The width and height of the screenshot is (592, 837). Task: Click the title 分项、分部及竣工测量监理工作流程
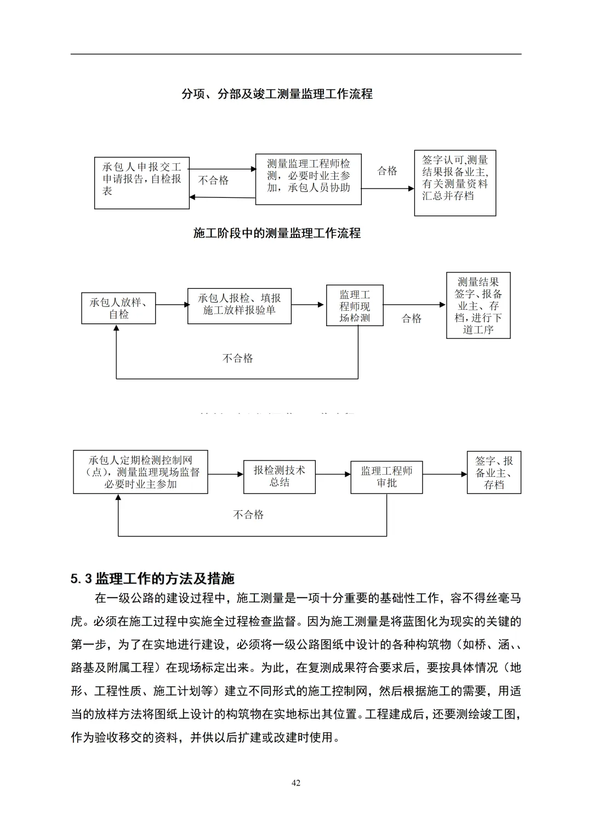pyautogui.click(x=277, y=94)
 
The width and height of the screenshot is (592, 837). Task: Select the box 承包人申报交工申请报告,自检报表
pyautogui.click(x=141, y=183)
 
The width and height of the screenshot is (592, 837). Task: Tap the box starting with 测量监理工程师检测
pyautogui.click(x=308, y=179)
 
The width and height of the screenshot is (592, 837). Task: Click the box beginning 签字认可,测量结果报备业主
pyautogui.click(x=455, y=183)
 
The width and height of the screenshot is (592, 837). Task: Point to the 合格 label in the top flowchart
pyautogui.click(x=387, y=171)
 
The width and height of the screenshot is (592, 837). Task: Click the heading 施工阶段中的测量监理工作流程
pyautogui.click(x=277, y=234)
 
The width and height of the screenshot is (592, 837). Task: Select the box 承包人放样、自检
pyautogui.click(x=118, y=308)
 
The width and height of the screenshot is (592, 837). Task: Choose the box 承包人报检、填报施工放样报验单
pyautogui.click(x=239, y=306)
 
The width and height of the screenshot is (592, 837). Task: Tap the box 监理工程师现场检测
pyautogui.click(x=355, y=306)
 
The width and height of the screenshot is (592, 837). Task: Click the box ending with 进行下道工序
pyautogui.click(x=478, y=305)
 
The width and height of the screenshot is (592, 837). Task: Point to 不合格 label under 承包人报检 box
pyautogui.click(x=238, y=358)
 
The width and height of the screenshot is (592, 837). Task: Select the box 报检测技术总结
pyautogui.click(x=279, y=477)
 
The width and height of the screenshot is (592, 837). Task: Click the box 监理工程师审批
pyautogui.click(x=386, y=477)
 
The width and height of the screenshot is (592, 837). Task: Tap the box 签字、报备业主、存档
pyautogui.click(x=493, y=472)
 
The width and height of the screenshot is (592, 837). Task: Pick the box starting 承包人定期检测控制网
pyautogui.click(x=140, y=472)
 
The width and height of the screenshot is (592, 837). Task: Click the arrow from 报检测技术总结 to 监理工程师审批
pyautogui.click(x=333, y=475)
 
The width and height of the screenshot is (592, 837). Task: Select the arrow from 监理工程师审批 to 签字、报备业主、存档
pyautogui.click(x=445, y=475)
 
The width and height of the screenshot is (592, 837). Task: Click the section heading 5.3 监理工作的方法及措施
pyautogui.click(x=152, y=579)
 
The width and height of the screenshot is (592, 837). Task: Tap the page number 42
pyautogui.click(x=296, y=783)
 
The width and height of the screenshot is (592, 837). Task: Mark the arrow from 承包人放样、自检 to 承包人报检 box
pyautogui.click(x=172, y=305)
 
